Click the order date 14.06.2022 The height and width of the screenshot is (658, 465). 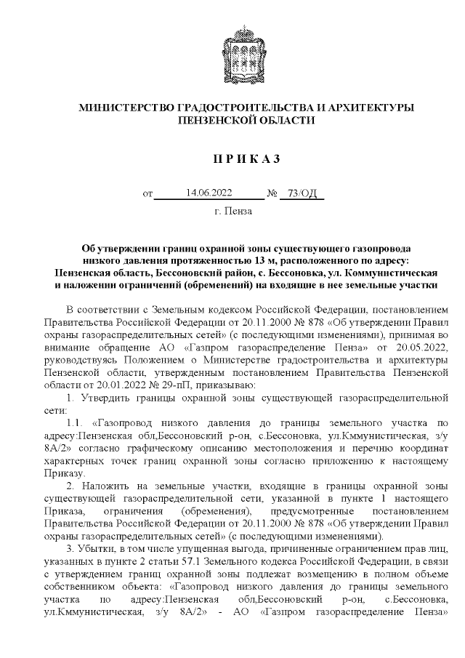[x=209, y=193]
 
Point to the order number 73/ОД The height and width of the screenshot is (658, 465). [x=301, y=193]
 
